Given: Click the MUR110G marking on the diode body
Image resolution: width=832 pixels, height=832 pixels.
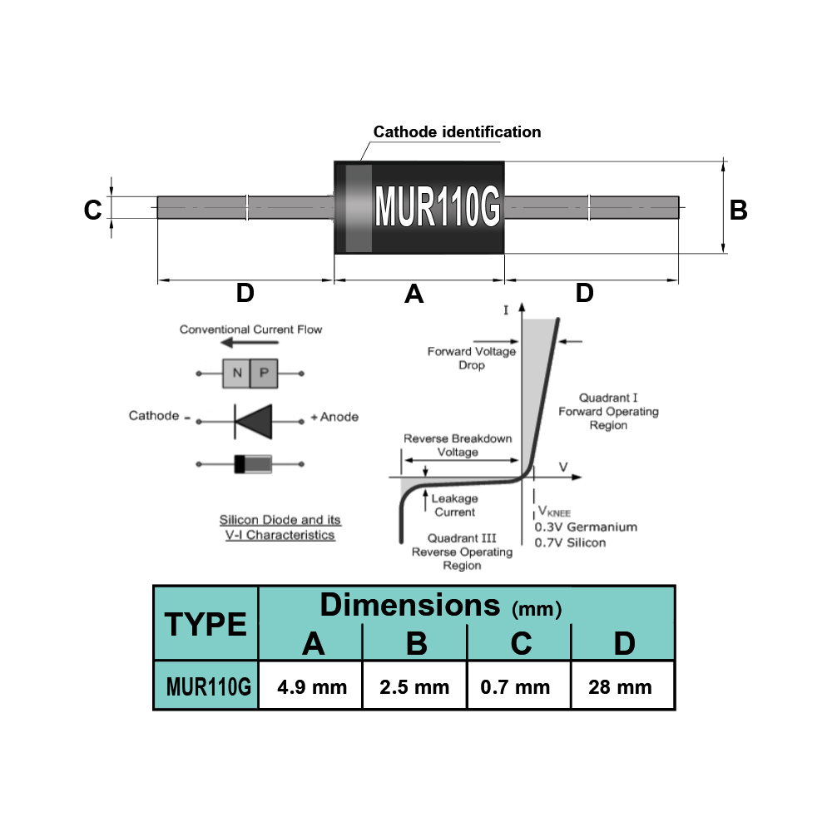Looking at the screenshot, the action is pos(438,206).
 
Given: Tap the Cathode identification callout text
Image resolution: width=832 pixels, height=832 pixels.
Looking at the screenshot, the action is pos(457,131).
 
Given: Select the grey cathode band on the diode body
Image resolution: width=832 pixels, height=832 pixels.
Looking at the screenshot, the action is pos(359,208).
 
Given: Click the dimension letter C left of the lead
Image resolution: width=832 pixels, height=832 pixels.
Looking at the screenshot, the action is pos(93,210).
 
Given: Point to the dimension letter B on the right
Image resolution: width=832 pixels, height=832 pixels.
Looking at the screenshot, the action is pos(738,210).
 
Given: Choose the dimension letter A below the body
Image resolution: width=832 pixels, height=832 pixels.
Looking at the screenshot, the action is pos(414,294).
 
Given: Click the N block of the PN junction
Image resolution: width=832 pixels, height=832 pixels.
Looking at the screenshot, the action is pos(236,373).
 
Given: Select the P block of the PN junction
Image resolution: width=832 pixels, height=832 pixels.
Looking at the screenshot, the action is pos(264,373).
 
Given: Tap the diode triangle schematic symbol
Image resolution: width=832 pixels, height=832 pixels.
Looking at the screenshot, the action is pos(254,422).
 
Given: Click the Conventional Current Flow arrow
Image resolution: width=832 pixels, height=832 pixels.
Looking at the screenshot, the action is pos(250,342).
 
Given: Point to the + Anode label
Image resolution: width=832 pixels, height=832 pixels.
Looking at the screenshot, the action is pos(334,417).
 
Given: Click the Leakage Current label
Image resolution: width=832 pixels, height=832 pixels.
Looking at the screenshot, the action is pos(455,505).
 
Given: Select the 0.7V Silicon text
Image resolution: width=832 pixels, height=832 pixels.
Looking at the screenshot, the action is pos(570,542).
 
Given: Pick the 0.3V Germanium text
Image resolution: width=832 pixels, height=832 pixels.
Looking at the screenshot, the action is pos(586,527).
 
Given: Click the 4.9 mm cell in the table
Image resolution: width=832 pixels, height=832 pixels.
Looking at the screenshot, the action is pos(311,686).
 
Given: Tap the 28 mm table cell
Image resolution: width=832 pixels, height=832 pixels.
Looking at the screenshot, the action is pos(622,686).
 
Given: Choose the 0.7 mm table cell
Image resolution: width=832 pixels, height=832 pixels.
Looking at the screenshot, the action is pos(518,686).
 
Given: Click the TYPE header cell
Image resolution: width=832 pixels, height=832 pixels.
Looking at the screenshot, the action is pos(206,623).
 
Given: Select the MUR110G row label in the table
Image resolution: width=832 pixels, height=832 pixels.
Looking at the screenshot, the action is pos(208,686).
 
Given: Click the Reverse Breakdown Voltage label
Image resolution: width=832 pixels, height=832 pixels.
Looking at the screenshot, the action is pos(458,445).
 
